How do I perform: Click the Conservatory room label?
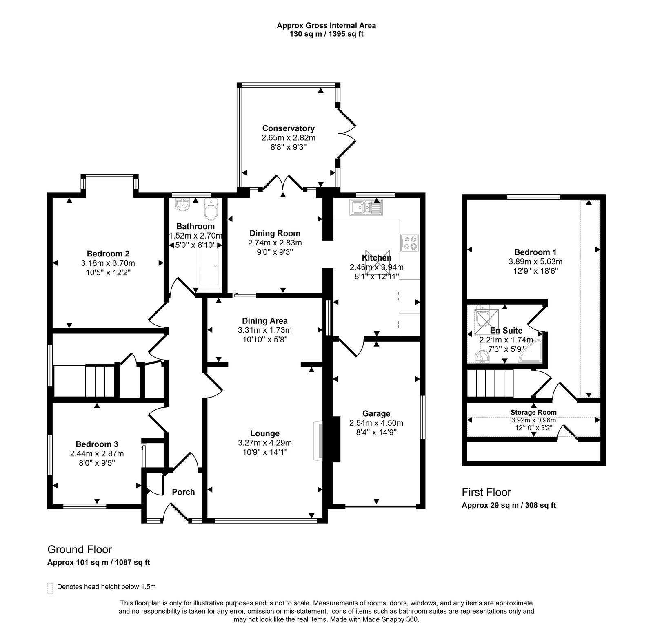tap(288, 128)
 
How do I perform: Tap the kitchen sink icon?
tap(366, 208)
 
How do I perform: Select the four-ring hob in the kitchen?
tap(409, 243)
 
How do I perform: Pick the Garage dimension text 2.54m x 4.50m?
tap(376, 423)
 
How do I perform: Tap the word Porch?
tap(183, 492)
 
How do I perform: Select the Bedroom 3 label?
tap(97, 444)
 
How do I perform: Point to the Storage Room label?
tap(533, 412)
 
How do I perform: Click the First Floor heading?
tap(486, 492)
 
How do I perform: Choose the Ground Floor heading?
tap(80, 550)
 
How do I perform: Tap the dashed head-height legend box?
tap(50, 588)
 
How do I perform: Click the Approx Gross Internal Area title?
tap(326, 25)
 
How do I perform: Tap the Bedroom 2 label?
tap(108, 254)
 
